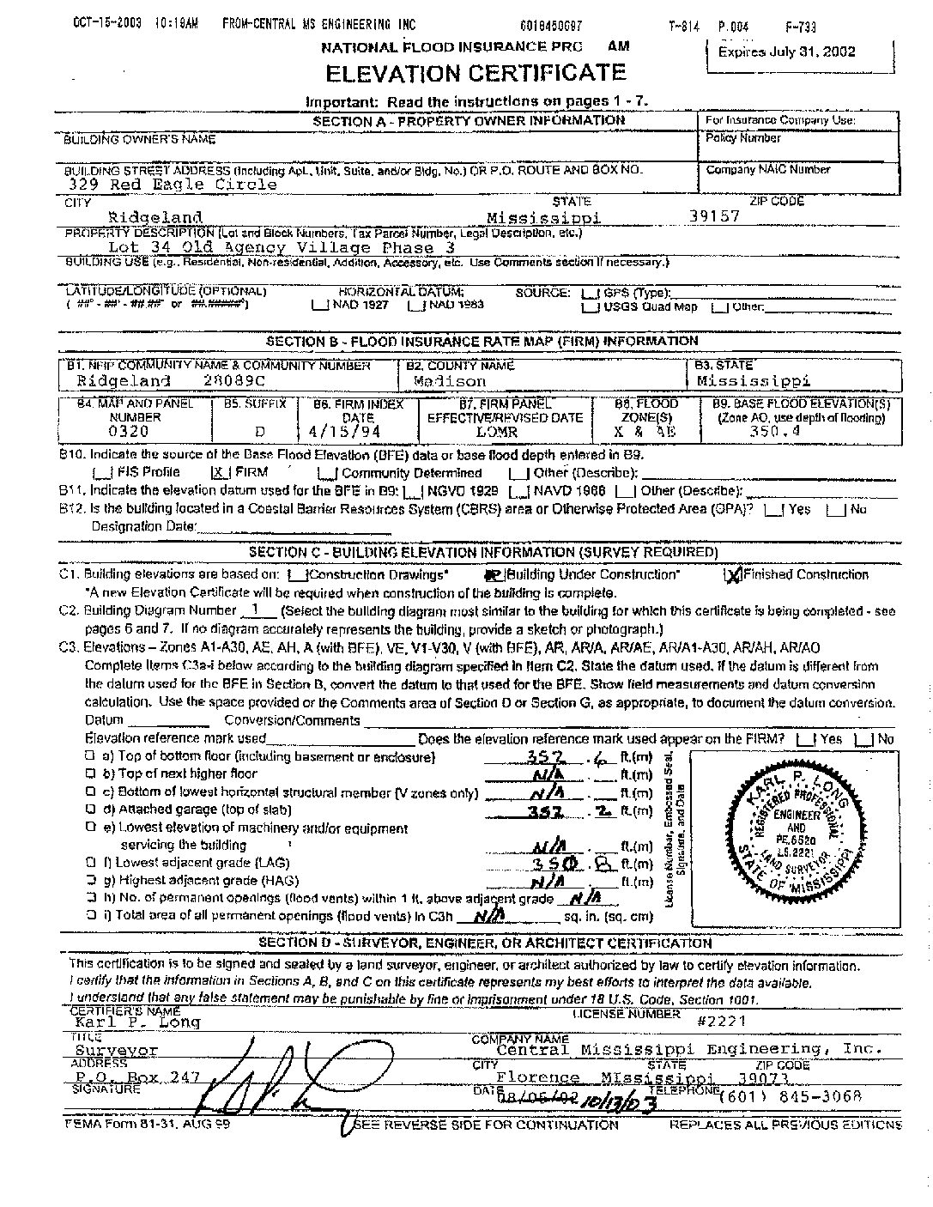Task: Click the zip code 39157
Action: click(x=714, y=216)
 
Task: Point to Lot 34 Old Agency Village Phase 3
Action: click(x=282, y=247)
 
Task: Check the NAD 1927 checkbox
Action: click(x=319, y=305)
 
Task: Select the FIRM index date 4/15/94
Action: click(x=351, y=432)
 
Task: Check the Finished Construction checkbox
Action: click(x=733, y=575)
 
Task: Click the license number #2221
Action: click(x=721, y=1021)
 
